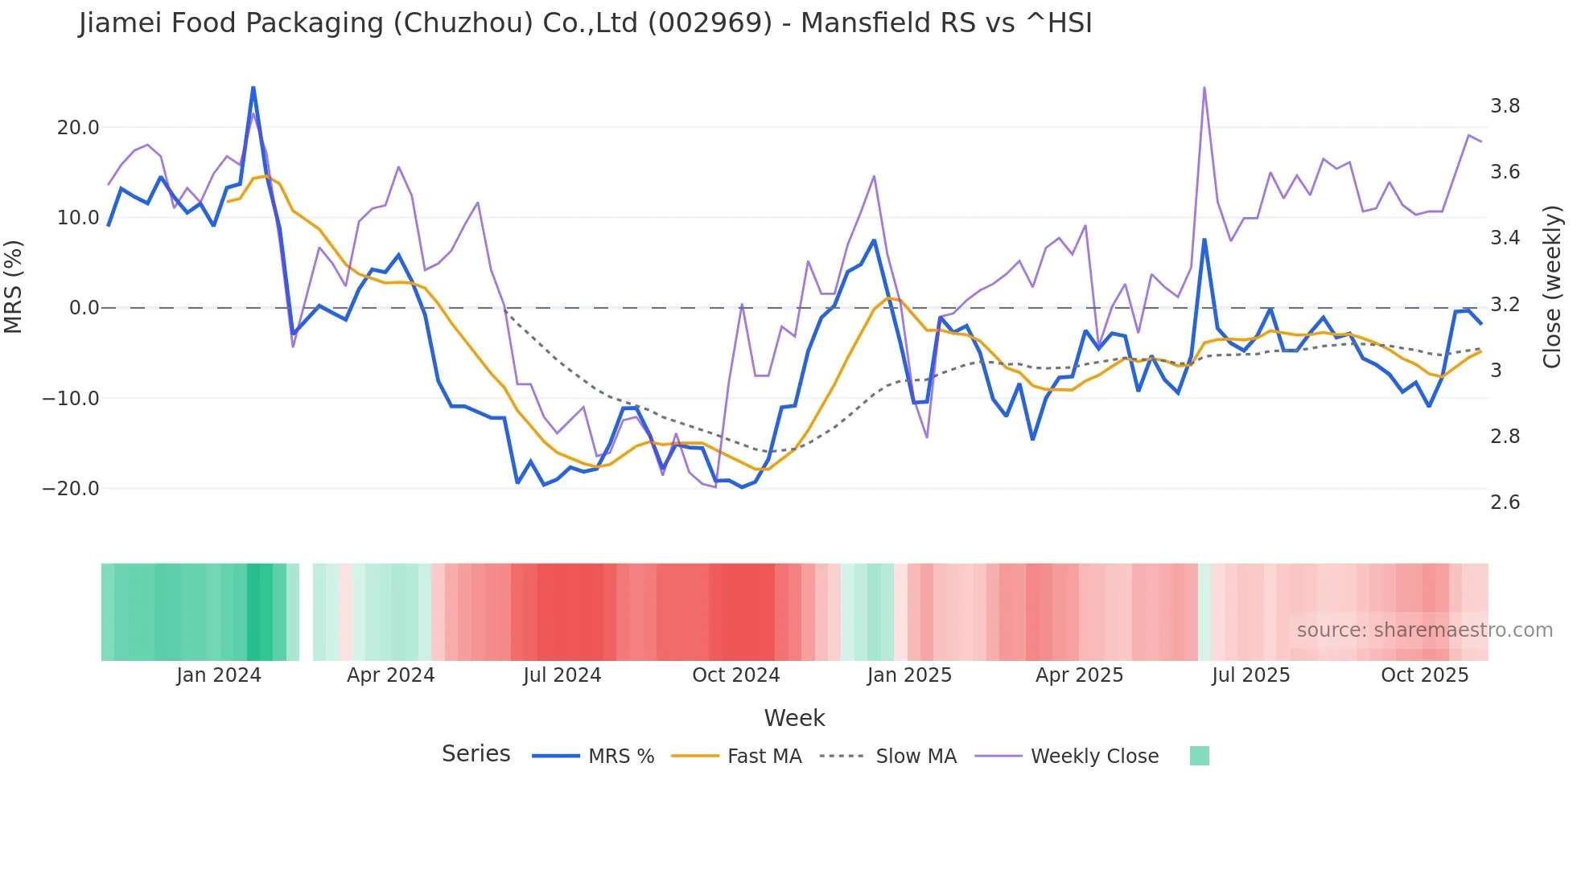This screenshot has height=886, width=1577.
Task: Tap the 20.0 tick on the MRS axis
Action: (x=78, y=128)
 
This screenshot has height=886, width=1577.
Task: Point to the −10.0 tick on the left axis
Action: (x=71, y=399)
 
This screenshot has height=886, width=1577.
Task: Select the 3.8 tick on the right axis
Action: (x=1505, y=106)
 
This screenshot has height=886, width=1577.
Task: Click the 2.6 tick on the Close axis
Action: (x=1505, y=502)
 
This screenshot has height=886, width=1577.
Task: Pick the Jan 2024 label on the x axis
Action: (x=219, y=675)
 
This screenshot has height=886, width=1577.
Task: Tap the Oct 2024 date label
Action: (x=735, y=675)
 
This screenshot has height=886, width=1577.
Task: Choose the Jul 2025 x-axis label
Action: (x=1250, y=675)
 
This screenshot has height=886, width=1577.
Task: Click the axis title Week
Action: (x=794, y=718)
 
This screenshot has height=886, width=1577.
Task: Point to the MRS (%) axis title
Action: (x=14, y=286)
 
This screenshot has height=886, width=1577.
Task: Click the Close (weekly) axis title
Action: (x=1552, y=287)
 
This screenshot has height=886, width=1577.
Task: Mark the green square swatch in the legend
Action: (x=1199, y=756)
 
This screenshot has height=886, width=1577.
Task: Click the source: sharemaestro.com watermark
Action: (x=1424, y=630)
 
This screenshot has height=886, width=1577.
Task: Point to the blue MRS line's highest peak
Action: (x=253, y=88)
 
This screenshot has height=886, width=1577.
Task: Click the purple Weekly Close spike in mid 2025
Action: (x=1204, y=88)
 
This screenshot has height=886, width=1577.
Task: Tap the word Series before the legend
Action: (x=476, y=754)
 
